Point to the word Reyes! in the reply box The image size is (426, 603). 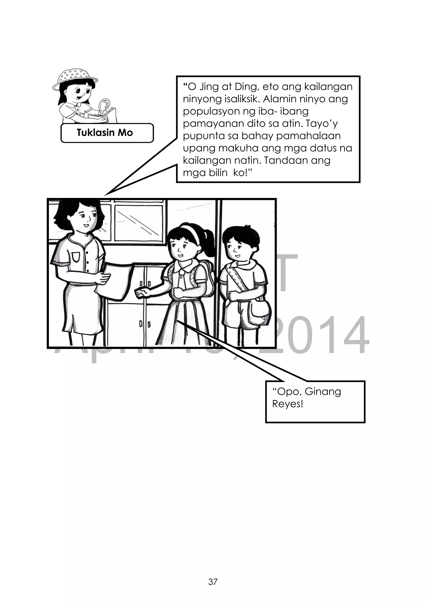[287, 404]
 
